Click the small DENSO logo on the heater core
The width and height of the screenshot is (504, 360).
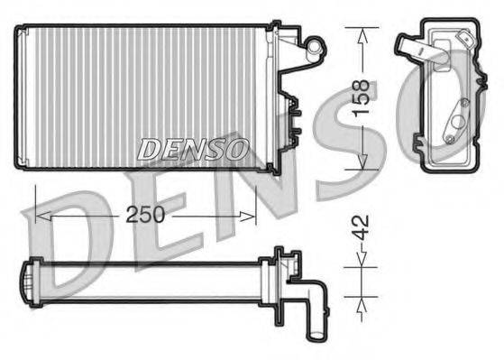pos(193,150)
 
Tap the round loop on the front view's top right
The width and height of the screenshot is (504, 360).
pos(314,42)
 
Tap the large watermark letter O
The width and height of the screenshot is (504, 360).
pos(451,99)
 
